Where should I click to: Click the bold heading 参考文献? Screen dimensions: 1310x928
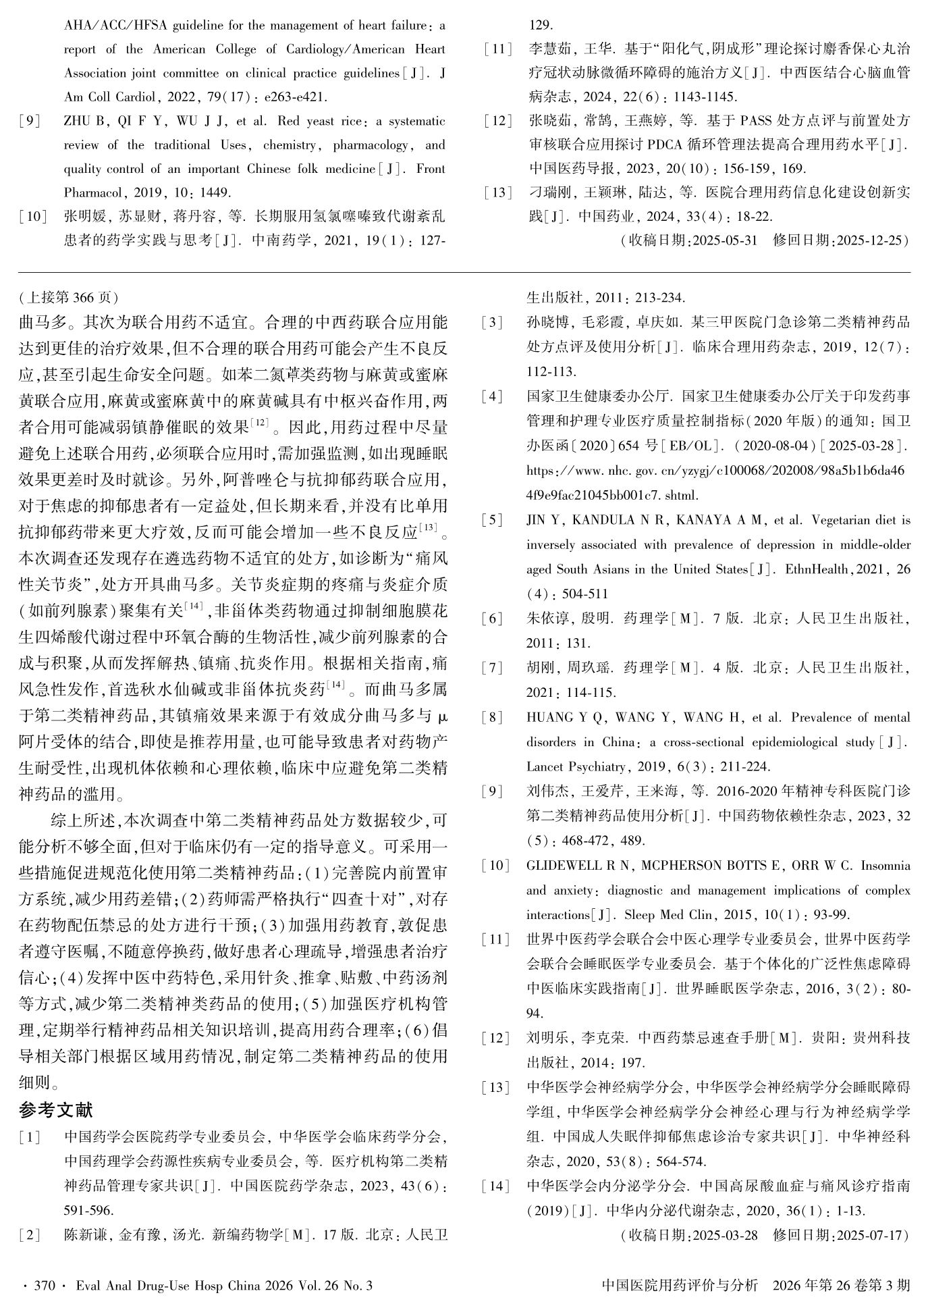pos(56,1109)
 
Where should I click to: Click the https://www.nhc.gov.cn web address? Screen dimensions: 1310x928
pos(715,471)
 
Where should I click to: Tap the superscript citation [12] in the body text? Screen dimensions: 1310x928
pos(259,423)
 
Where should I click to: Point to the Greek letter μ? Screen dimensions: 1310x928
pos(442,716)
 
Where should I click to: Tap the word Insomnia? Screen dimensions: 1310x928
pos(885,866)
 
